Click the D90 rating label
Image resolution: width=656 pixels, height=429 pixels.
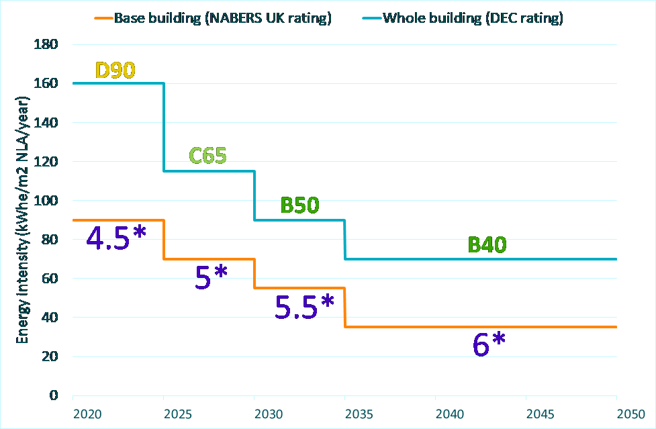(115, 70)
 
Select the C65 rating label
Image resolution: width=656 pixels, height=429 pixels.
(207, 156)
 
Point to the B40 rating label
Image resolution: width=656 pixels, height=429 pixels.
(487, 245)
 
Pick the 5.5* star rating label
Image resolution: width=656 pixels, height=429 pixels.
(304, 306)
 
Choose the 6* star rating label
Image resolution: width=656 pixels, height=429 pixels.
(489, 345)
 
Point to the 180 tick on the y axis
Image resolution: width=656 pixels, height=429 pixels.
(50, 45)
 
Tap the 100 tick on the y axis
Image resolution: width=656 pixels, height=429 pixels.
(50, 201)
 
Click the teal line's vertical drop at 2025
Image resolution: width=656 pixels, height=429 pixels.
(164, 128)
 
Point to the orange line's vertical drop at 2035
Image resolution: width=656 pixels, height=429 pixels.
(345, 307)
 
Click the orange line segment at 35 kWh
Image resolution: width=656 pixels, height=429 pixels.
(480, 327)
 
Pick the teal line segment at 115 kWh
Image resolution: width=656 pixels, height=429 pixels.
(209, 171)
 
